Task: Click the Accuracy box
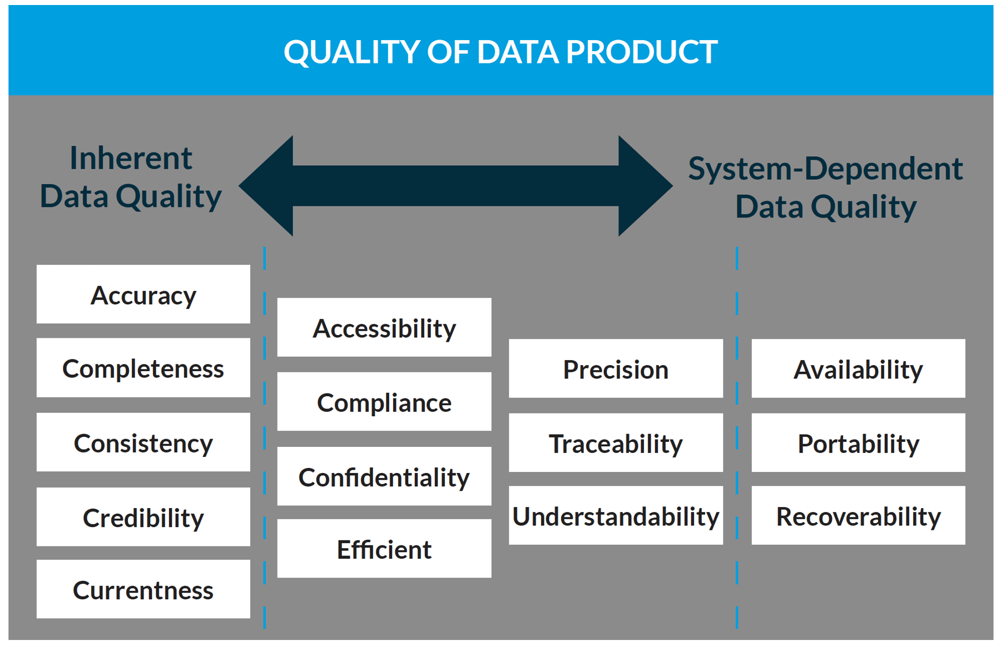[x=143, y=294]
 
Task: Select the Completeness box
[x=143, y=368]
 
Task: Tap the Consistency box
[x=143, y=442]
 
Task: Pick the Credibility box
[x=143, y=517]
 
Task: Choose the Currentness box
[x=143, y=589]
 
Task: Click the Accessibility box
[x=384, y=327]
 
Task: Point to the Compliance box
[x=384, y=402]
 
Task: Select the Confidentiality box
[x=384, y=476]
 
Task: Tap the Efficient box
[x=384, y=549]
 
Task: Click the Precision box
[x=616, y=368]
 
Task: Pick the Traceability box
[x=616, y=443]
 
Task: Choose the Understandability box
[x=616, y=516]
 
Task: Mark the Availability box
[x=858, y=368]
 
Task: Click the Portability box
[x=858, y=443]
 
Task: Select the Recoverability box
[x=858, y=516]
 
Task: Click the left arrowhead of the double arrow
[x=270, y=186]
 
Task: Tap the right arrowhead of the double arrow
[x=642, y=186]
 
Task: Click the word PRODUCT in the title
[x=642, y=52]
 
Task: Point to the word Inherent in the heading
[x=131, y=158]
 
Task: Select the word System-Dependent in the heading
[x=825, y=169]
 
